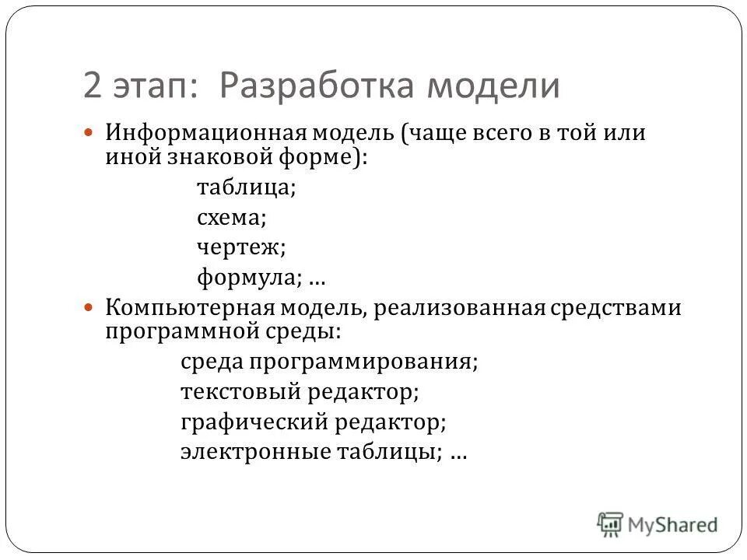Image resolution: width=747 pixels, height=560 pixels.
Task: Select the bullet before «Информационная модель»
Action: [x=88, y=132]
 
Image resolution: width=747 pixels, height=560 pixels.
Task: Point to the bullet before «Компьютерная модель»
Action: [x=88, y=308]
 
